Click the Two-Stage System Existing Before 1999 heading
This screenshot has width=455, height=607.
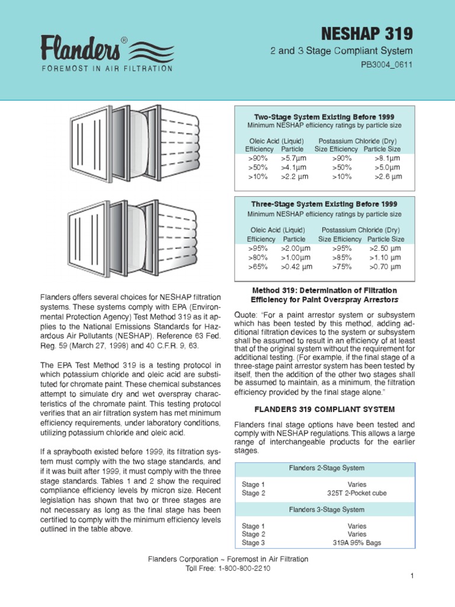[324, 117]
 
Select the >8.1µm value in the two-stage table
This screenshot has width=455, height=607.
[387, 159]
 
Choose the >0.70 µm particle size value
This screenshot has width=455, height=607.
[385, 267]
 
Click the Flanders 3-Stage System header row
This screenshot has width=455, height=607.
[326, 510]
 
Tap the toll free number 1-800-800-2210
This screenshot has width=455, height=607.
[244, 568]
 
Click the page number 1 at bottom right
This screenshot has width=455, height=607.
[411, 576]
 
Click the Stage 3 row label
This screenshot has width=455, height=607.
[254, 542]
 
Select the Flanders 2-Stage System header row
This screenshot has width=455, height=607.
[326, 468]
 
